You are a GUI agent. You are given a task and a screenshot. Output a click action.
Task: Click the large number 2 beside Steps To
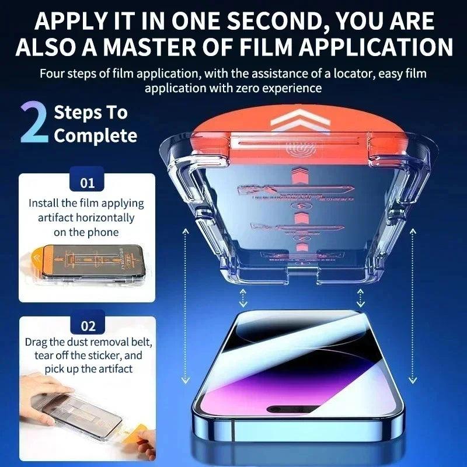(34, 123)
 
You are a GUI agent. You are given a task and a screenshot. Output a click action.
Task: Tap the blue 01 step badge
(87, 183)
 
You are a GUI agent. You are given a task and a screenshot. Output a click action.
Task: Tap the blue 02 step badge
(87, 326)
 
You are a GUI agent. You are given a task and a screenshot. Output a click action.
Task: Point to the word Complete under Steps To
(96, 136)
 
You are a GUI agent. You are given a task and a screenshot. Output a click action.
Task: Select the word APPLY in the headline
(64, 21)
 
